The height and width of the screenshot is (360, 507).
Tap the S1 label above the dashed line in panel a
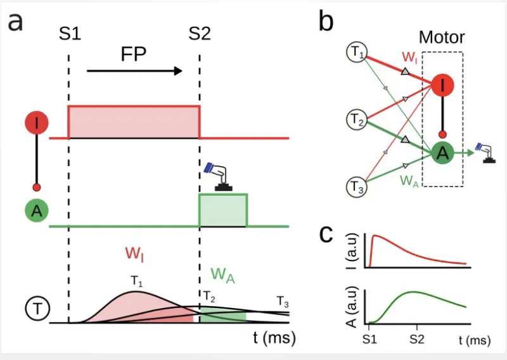pos(69,34)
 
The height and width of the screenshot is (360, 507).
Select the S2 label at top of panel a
pos(200,34)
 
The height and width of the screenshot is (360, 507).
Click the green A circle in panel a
pos(36,211)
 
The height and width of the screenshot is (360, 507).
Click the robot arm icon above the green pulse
pos(219,176)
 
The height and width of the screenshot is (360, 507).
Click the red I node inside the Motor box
pos(444,85)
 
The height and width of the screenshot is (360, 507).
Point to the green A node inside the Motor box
pos(444,153)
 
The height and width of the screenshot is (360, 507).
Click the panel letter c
pos(327,234)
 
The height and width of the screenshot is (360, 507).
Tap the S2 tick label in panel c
pos(416,339)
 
